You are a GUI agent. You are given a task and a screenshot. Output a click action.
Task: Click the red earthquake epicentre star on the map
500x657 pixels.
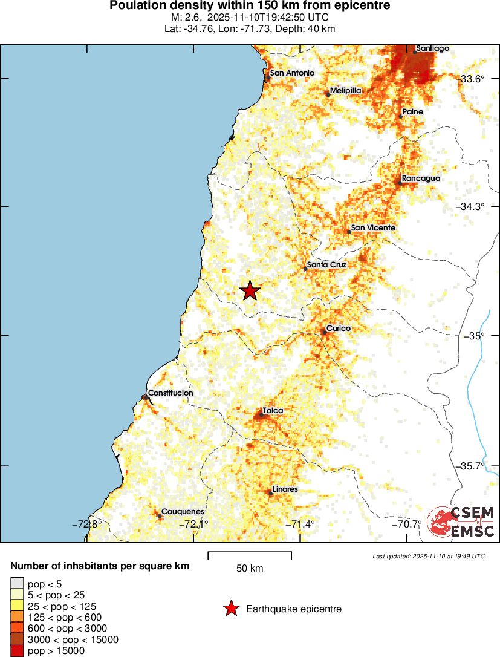[x=250, y=291]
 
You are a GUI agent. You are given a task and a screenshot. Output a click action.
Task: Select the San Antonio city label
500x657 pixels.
[x=291, y=73]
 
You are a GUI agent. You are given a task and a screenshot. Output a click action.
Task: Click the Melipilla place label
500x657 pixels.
[x=345, y=90]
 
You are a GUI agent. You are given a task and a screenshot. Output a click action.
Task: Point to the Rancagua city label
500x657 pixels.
[x=421, y=178]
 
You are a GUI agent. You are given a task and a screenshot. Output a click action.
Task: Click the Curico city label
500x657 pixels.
[x=338, y=328]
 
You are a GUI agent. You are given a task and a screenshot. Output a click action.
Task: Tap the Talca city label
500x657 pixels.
[x=272, y=411]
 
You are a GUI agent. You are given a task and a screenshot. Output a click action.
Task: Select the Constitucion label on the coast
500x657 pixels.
[x=170, y=393]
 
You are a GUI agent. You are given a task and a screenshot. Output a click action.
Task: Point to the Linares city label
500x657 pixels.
[x=285, y=489]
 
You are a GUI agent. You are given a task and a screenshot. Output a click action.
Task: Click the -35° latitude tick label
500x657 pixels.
[x=475, y=336]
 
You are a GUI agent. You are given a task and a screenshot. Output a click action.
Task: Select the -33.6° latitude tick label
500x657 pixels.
[x=472, y=79]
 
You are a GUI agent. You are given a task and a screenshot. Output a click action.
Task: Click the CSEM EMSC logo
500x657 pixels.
[x=461, y=521]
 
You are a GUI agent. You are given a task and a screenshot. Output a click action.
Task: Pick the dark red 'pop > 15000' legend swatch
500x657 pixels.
[x=17, y=651]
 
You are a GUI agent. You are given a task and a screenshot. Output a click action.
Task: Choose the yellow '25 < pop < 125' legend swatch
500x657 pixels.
[x=17, y=606]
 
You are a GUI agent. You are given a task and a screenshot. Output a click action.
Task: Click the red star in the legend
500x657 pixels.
[x=230, y=609]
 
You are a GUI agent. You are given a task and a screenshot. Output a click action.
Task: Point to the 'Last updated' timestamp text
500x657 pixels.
[x=428, y=556]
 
